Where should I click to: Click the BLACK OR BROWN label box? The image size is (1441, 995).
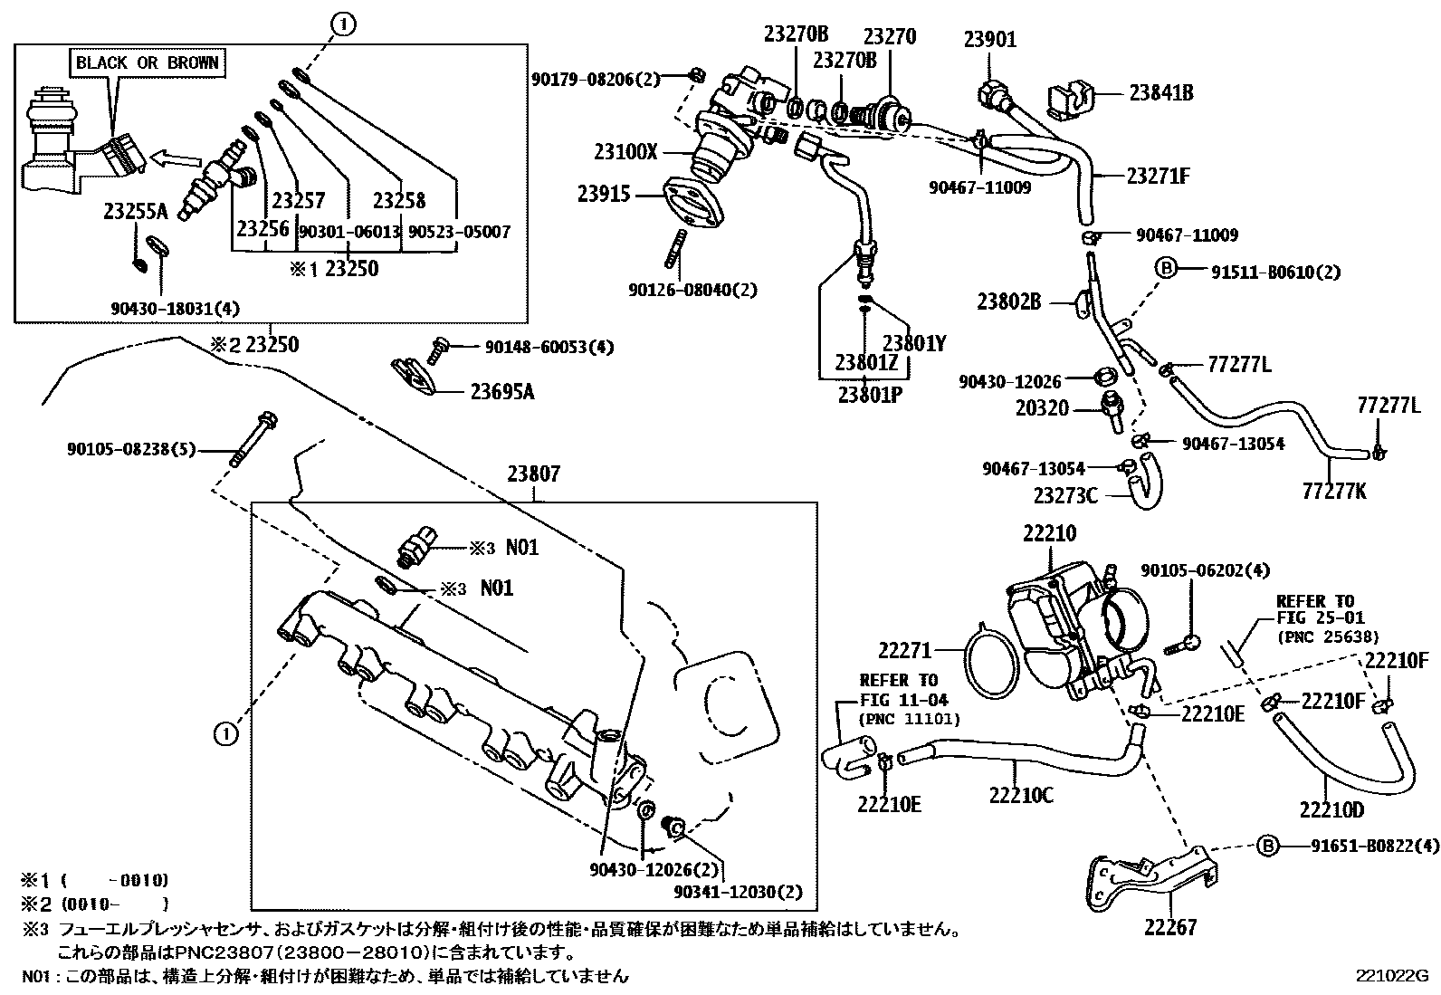pyautogui.click(x=147, y=62)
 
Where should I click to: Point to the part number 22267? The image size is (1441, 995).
pyautogui.click(x=1169, y=927)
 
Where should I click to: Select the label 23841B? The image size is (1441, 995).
pyautogui.click(x=1160, y=92)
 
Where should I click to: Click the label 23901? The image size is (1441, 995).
pyautogui.click(x=989, y=39)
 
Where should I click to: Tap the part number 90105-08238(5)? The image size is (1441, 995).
pyautogui.click(x=130, y=449)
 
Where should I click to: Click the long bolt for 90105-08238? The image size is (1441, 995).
pyautogui.click(x=254, y=438)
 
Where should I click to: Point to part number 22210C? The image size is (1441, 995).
pyautogui.click(x=1020, y=795)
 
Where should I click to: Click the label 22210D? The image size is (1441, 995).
pyautogui.click(x=1331, y=808)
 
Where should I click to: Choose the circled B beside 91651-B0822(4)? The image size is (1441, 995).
pyautogui.click(x=1268, y=846)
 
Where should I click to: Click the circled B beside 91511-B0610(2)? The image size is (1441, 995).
pyautogui.click(x=1167, y=269)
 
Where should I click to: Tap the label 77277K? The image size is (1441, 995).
pyautogui.click(x=1333, y=491)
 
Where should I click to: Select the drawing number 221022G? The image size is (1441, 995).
pyautogui.click(x=1390, y=976)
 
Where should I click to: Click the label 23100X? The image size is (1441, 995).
pyautogui.click(x=625, y=151)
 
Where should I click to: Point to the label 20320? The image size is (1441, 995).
pyautogui.click(x=1041, y=409)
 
